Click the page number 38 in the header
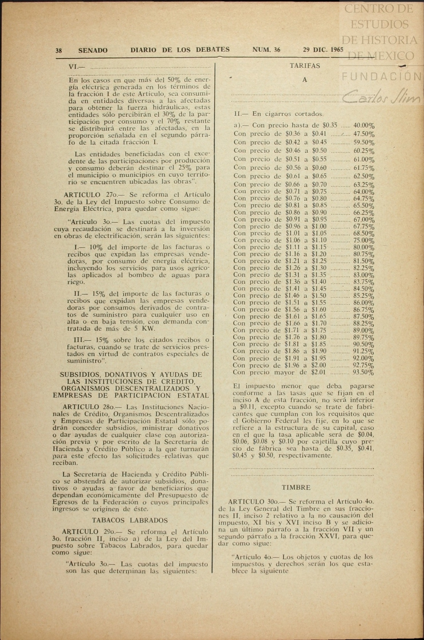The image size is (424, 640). click(x=59, y=51)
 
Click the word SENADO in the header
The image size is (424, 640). click(x=93, y=51)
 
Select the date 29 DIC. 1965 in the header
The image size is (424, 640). click(x=323, y=50)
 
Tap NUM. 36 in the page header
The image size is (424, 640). click(x=266, y=50)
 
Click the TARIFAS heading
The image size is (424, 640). click(x=305, y=66)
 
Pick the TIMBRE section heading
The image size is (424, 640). click(x=296, y=487)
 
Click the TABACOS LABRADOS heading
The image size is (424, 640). click(x=130, y=520)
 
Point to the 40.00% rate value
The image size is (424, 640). click(x=364, y=125)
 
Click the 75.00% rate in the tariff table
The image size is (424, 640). click(x=364, y=240)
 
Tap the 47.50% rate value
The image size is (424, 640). click(x=364, y=134)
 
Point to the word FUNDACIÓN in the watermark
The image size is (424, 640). click(x=382, y=76)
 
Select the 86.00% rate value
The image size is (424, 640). click(x=364, y=303)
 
